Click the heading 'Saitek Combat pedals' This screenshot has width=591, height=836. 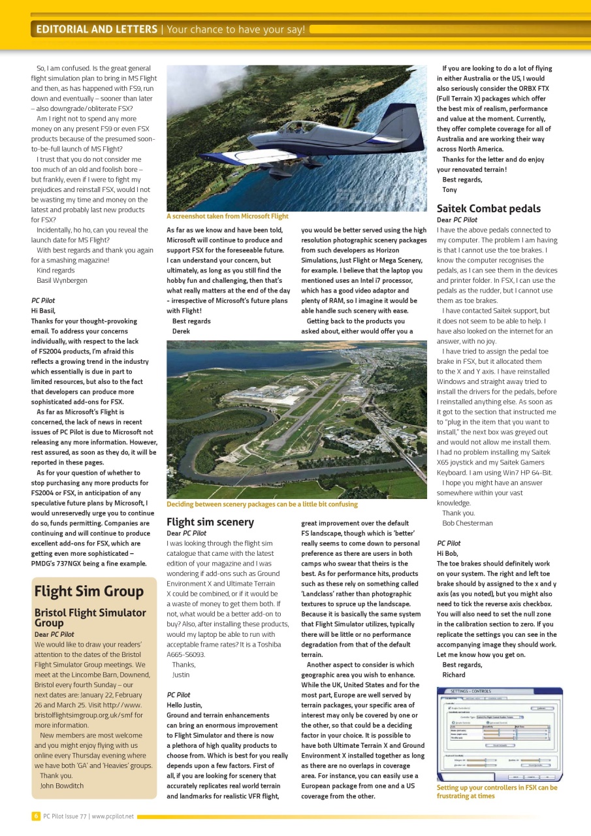point(488,209)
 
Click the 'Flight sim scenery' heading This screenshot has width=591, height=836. point(210,522)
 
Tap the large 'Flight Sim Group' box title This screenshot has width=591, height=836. point(89,592)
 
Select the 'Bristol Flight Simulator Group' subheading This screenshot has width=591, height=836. point(90,617)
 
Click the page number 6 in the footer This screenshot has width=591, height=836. point(35,816)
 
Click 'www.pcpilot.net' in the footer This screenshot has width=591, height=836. point(112,816)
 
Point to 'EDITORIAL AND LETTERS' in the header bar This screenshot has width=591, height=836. point(97,29)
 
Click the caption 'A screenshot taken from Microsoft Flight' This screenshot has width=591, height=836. point(227,216)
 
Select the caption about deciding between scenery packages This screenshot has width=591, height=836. point(262,504)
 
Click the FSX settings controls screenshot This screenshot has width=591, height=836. point(500,734)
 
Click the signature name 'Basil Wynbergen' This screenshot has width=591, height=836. point(65,280)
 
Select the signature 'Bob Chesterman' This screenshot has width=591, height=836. point(468,523)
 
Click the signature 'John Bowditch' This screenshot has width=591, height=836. point(62,786)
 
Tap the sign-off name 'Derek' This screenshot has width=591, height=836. point(181,331)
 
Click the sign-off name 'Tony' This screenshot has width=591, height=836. point(449,189)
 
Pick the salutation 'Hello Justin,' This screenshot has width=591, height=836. point(185,705)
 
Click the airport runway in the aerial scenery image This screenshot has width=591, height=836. point(307,418)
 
